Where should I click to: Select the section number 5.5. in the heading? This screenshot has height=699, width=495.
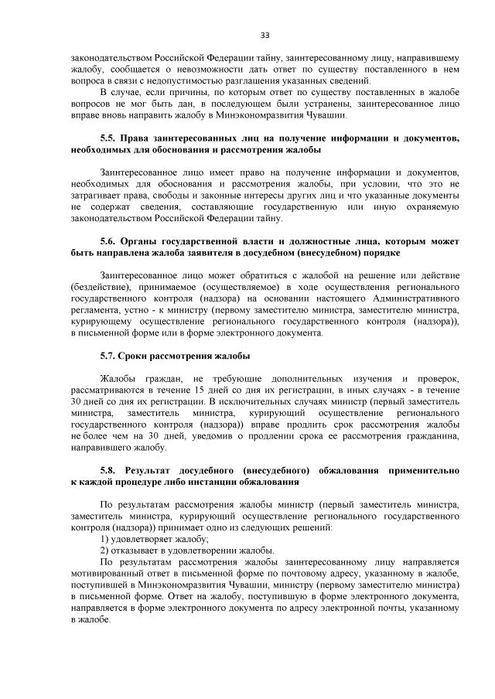point(112,138)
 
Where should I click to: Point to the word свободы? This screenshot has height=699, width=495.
point(168,196)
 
